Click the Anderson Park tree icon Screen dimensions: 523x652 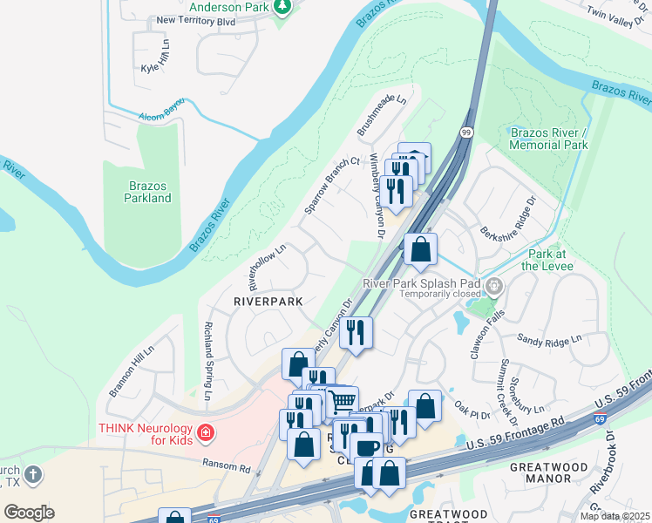coord(282,8)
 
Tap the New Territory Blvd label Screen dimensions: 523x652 coord(196,20)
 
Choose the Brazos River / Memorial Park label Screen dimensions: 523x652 coord(549,138)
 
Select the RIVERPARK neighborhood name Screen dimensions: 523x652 coord(268,301)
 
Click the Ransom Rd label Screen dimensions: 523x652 coord(226,466)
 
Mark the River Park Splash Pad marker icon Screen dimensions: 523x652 coord(494,285)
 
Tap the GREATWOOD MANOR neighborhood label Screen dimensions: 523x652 coord(547,473)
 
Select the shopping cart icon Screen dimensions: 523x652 coord(343,400)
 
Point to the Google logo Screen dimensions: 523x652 coord(29,513)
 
